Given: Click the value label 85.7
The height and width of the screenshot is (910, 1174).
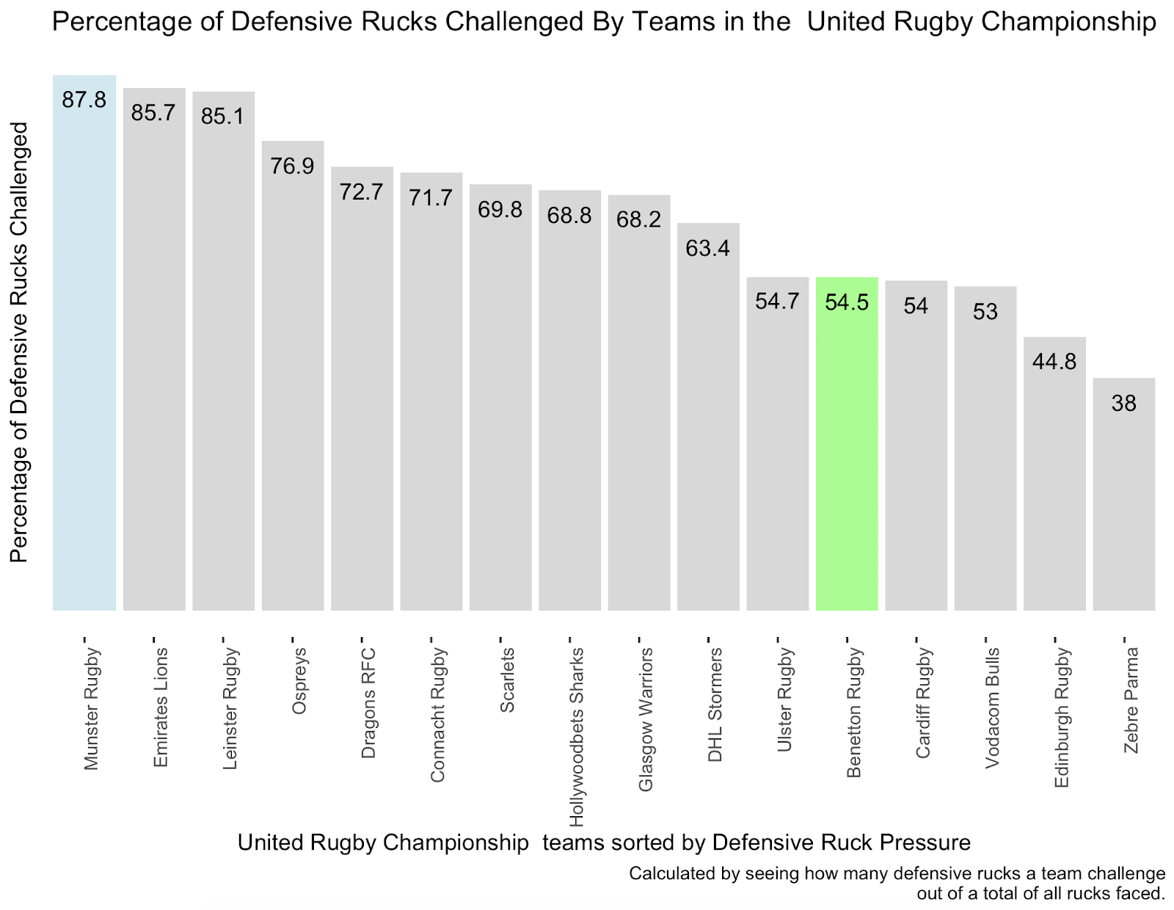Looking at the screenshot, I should pyautogui.click(x=153, y=112).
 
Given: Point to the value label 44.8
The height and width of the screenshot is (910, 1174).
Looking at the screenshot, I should pyautogui.click(x=1054, y=361).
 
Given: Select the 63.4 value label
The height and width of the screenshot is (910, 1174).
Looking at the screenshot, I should pyautogui.click(x=707, y=248).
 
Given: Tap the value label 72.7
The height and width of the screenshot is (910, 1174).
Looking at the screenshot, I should pyautogui.click(x=362, y=192).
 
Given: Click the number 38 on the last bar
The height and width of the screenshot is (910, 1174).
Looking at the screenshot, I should pyautogui.click(x=1123, y=403).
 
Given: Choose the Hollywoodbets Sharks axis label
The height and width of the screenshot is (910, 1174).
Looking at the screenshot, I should pyautogui.click(x=577, y=736).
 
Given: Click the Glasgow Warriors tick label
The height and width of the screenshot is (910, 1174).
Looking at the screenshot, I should pyautogui.click(x=646, y=719).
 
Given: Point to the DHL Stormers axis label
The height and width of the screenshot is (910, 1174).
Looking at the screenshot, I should pyautogui.click(x=715, y=705).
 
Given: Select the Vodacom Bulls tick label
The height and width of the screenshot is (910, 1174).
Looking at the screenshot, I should pyautogui.click(x=992, y=707).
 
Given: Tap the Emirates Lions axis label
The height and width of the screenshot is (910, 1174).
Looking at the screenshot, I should pyautogui.click(x=161, y=707).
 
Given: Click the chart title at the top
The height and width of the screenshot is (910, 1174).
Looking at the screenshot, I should pyautogui.click(x=604, y=22).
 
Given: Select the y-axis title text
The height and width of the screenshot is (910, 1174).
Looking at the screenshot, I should pyautogui.click(x=19, y=342).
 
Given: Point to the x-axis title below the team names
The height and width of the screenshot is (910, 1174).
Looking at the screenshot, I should pyautogui.click(x=604, y=842).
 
